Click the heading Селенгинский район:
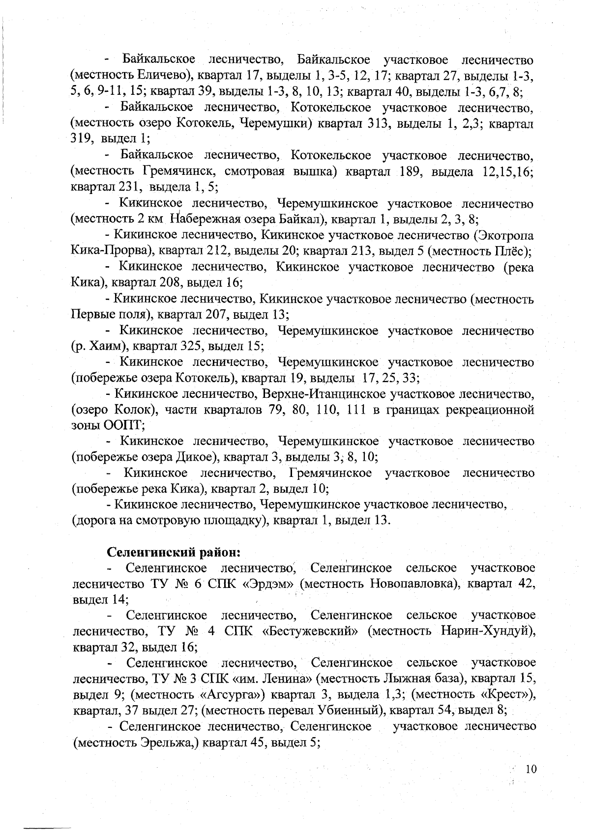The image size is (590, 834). [174, 552]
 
